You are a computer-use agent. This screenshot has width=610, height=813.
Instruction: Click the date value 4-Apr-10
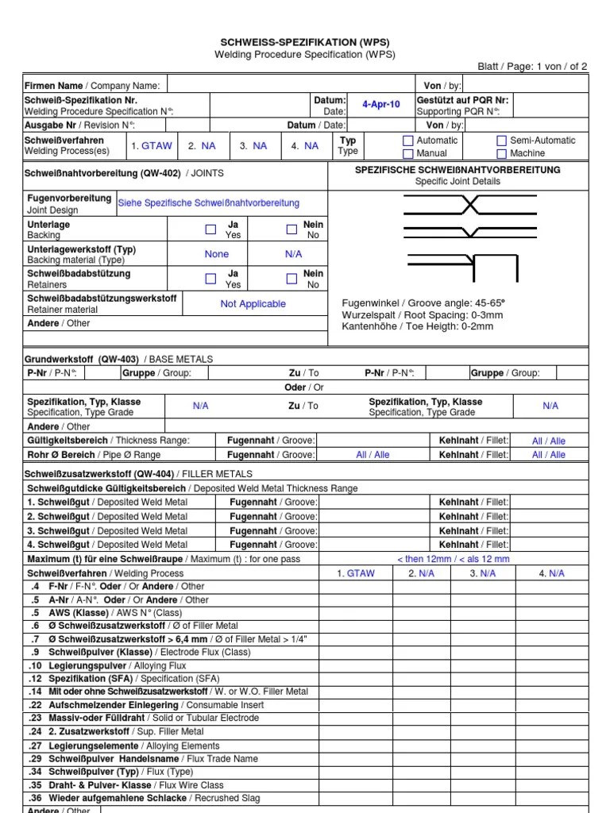tap(381, 106)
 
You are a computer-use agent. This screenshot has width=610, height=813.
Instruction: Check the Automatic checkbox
tap(408, 141)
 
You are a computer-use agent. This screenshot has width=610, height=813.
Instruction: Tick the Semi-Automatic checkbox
tap(501, 141)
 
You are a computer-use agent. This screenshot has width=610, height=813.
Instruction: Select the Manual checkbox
tap(408, 153)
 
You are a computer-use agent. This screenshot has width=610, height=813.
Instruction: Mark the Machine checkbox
tap(501, 153)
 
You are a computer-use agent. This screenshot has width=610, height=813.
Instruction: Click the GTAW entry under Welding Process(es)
tap(152, 146)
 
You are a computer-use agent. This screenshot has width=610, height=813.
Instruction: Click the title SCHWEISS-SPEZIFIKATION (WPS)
tap(305, 42)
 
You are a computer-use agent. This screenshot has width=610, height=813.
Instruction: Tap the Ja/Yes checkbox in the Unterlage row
tap(210, 229)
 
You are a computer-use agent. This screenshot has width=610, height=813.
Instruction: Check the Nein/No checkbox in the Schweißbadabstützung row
tap(291, 279)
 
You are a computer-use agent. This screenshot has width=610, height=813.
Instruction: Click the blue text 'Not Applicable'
tap(253, 304)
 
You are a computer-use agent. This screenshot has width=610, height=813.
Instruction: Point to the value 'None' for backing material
tap(216, 254)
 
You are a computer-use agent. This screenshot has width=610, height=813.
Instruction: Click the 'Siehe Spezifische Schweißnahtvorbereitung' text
tap(209, 203)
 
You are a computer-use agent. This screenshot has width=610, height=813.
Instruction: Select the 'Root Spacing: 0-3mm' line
tap(422, 315)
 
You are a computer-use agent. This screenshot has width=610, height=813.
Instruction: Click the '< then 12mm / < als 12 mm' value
tap(453, 559)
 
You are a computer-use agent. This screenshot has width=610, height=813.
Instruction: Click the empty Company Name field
tap(295, 86)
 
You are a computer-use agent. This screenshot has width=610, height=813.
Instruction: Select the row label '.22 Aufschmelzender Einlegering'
tap(146, 705)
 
